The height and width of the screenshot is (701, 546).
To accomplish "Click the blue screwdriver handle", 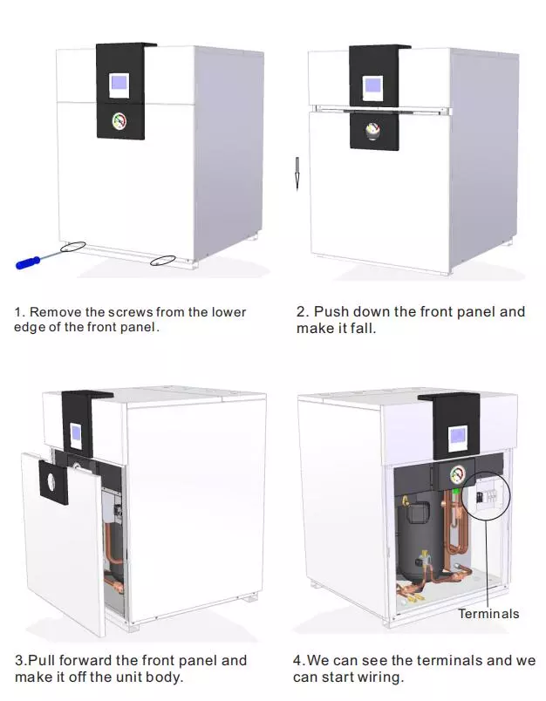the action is click(x=28, y=263).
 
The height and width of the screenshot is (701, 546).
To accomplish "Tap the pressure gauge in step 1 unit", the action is click(x=119, y=121).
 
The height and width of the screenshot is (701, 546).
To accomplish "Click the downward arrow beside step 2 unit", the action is click(x=297, y=174).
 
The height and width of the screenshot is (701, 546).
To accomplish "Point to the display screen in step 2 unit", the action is click(x=372, y=85).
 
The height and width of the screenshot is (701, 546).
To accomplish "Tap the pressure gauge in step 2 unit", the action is click(x=372, y=131).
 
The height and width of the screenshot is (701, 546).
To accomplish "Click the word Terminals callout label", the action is click(x=488, y=614).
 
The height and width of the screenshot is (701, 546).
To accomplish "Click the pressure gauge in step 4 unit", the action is click(x=456, y=475).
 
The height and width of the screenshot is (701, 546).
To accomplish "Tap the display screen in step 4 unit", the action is click(x=457, y=435).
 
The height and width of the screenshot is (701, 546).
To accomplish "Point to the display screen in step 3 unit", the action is click(x=76, y=432).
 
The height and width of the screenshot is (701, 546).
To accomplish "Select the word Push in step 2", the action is click(x=331, y=311).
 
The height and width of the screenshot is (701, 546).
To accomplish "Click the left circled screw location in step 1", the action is click(x=73, y=247).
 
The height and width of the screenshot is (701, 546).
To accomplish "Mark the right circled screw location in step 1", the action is click(x=163, y=260).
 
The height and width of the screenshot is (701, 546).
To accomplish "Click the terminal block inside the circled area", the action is click(x=487, y=497).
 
